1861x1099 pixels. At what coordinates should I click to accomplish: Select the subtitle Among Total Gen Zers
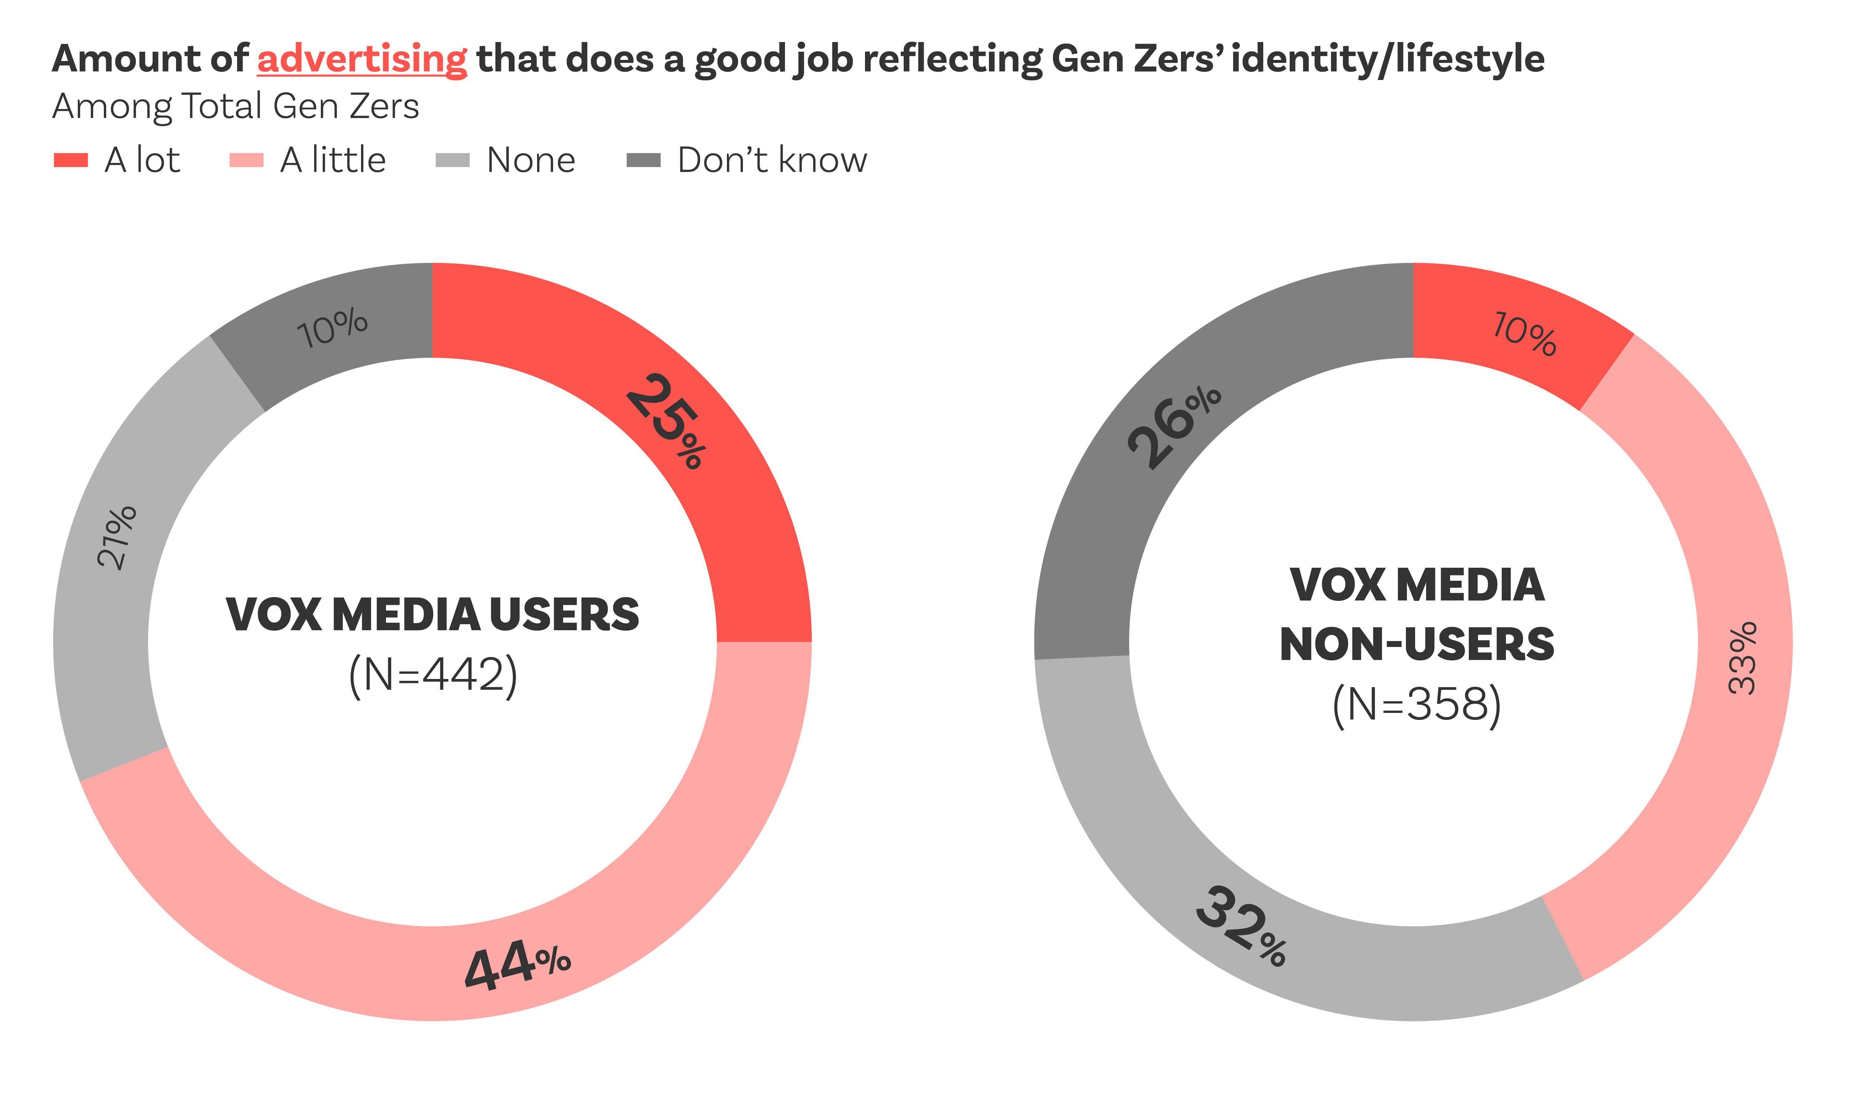pos(236,106)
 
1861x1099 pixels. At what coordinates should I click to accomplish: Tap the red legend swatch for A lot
pos(71,160)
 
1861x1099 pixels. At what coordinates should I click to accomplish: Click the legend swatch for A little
pos(247,160)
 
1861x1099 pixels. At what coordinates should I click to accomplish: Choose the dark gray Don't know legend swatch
pos(643,160)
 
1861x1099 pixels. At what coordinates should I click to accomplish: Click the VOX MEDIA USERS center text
pos(432,615)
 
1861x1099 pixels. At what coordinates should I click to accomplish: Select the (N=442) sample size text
pos(432,675)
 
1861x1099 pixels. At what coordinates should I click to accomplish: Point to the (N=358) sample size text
pos(1417,704)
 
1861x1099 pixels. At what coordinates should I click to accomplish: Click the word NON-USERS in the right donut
pos(1417,644)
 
